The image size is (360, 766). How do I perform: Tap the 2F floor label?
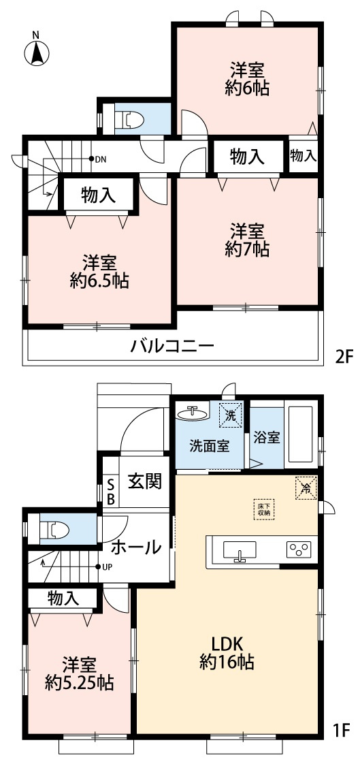[x=344, y=355]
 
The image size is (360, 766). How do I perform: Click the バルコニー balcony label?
[x=173, y=346]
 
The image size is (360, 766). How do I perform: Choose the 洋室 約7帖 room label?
[x=246, y=240]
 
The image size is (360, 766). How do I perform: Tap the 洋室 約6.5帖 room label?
[x=100, y=270]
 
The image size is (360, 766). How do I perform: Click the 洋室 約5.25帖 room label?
[x=79, y=672]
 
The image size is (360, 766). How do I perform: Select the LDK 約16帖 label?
[x=227, y=652]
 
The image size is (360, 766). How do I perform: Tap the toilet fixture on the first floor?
[x=54, y=529]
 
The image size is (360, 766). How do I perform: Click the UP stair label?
[x=107, y=566]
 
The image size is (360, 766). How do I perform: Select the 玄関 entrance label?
[x=145, y=481]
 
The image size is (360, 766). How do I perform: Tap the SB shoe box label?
[x=112, y=491]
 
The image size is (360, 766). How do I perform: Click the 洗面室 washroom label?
[x=209, y=447]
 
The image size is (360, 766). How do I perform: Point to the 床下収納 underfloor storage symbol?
[x=263, y=510]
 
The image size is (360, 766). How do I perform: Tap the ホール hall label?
[x=135, y=546]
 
